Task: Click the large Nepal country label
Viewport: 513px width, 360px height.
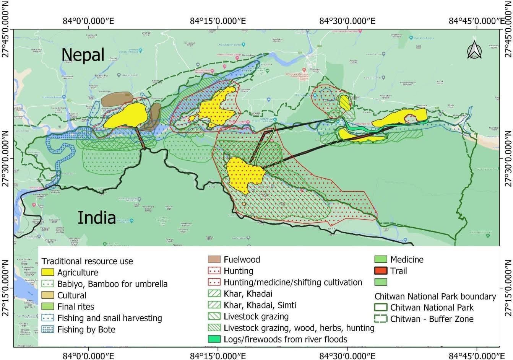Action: [83, 55]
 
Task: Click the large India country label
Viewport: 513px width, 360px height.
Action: [97, 218]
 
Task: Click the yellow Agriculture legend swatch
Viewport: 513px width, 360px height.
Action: [47, 272]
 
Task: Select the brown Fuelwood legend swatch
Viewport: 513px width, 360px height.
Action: [214, 259]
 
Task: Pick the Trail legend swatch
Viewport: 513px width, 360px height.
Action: [381, 271]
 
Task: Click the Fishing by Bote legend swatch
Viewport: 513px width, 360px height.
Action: [47, 329]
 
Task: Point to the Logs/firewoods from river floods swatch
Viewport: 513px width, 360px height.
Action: [214, 339]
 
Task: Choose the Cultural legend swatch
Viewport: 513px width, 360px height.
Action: [47, 295]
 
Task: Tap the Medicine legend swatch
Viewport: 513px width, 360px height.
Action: [381, 259]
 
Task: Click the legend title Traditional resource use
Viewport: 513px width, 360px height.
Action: [87, 261]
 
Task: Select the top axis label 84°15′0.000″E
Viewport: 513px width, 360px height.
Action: [218, 21]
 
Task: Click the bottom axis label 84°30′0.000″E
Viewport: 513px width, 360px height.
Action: [347, 356]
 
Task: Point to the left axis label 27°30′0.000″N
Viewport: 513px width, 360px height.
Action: [6, 158]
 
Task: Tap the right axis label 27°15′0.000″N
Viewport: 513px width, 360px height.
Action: [508, 287]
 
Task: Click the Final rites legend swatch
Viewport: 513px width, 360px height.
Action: [47, 306]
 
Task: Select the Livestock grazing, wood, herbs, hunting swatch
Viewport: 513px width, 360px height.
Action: [214, 328]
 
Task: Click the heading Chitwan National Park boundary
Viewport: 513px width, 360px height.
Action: [435, 296]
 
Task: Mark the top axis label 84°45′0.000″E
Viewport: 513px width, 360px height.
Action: [476, 21]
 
